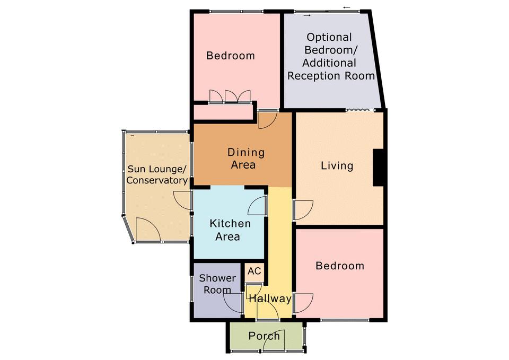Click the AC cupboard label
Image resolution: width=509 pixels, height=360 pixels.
point(254,271)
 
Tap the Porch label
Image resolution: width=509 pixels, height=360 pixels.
point(264,336)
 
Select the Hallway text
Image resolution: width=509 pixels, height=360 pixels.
point(270,298)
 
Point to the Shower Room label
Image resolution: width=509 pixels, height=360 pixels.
point(217,284)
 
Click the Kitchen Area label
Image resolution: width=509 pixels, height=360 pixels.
point(230,230)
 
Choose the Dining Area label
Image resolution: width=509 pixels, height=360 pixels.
point(245,159)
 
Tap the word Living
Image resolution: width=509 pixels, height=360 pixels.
point(337,166)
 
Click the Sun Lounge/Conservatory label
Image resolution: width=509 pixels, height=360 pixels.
point(157,174)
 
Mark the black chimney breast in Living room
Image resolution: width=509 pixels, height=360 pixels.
point(378,168)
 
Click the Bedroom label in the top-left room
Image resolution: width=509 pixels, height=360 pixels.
point(231,56)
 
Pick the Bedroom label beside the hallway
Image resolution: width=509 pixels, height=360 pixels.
point(340,266)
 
